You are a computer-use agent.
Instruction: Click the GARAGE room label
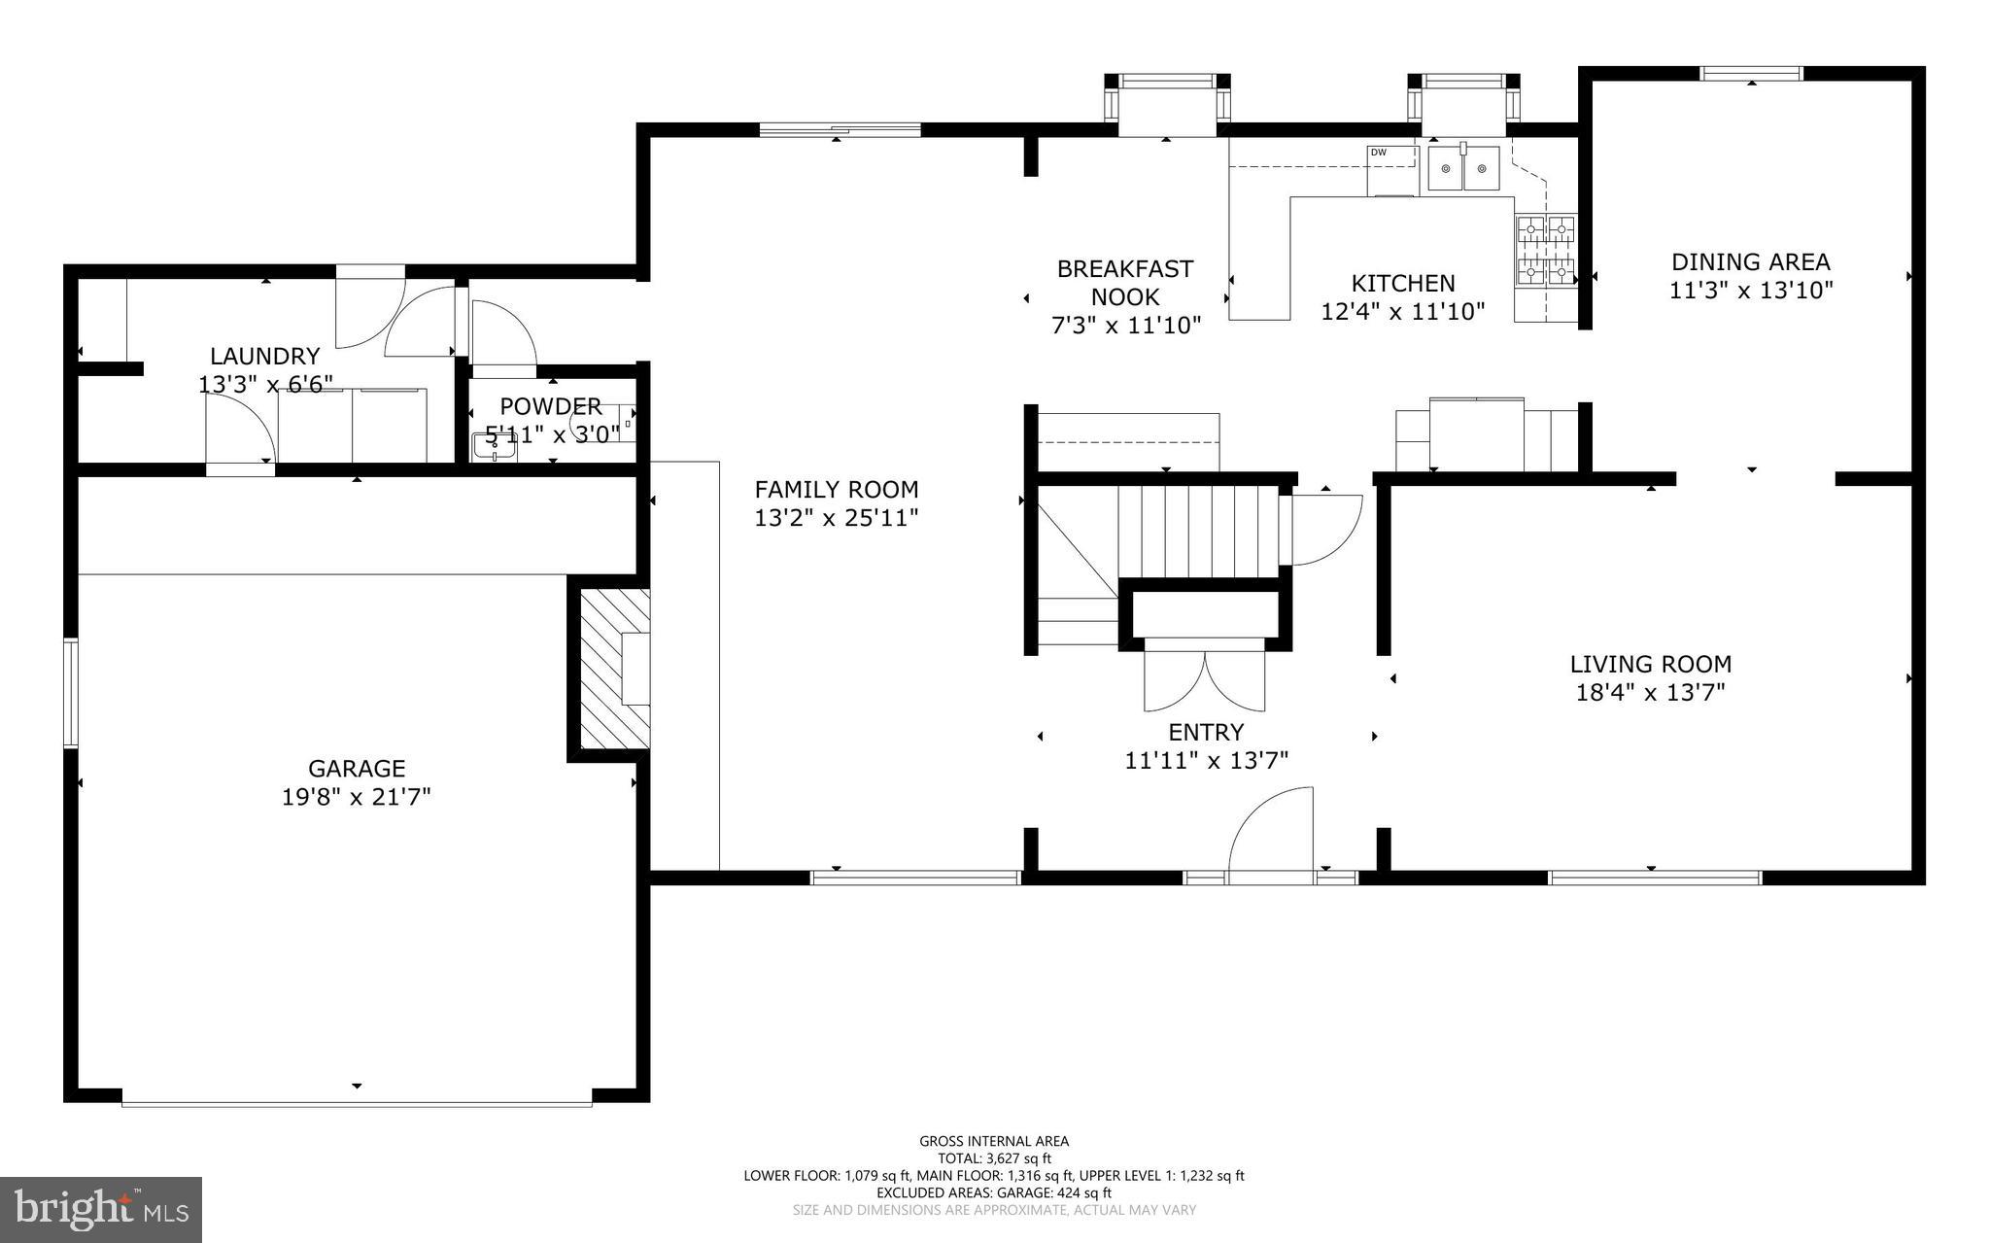click(x=357, y=769)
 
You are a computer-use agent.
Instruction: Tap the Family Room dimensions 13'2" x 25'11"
click(x=837, y=518)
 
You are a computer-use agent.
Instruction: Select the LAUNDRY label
click(x=265, y=357)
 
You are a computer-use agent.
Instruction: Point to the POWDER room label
click(x=551, y=406)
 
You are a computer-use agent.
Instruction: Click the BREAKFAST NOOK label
click(x=1125, y=283)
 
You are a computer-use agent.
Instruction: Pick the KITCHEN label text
click(x=1403, y=283)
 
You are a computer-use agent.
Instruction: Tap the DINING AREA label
click(x=1750, y=261)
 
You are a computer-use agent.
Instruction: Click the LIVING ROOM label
click(x=1651, y=665)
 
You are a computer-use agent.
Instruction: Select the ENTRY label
click(x=1206, y=732)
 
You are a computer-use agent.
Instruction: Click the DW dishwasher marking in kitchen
click(x=1378, y=153)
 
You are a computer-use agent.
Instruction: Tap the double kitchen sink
click(x=1463, y=169)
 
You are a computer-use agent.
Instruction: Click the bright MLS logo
click(x=101, y=1209)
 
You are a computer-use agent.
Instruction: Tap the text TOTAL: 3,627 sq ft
click(x=994, y=1158)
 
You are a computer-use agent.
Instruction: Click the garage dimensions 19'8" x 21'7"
click(x=357, y=797)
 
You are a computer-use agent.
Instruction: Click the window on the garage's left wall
click(x=71, y=692)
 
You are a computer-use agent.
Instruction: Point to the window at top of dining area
click(x=1751, y=73)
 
